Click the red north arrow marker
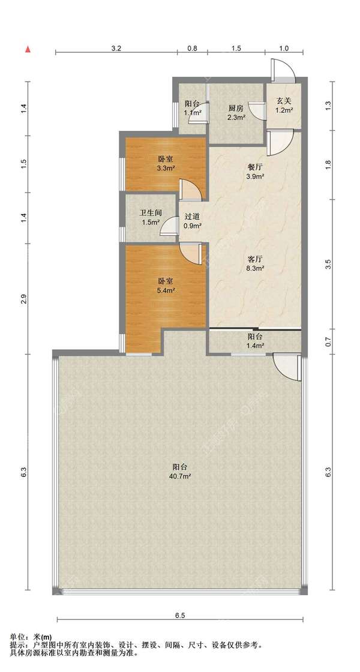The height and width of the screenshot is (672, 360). point(28,50)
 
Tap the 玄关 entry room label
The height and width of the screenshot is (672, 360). point(284,106)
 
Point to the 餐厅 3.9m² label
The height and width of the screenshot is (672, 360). point(254,172)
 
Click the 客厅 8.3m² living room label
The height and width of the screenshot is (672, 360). point(254,263)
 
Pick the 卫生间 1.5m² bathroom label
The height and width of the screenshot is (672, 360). point(150,218)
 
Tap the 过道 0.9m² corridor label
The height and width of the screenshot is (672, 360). point(193,221)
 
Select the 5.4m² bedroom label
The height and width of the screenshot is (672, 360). point(165,286)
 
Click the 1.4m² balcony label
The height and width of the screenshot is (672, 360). point(254,341)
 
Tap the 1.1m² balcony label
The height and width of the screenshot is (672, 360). point(193,109)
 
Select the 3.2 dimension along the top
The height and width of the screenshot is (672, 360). point(116,49)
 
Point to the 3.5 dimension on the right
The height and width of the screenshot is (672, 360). point(329,264)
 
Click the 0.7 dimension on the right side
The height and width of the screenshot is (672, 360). point(329,342)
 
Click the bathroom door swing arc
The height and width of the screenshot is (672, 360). point(169,226)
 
